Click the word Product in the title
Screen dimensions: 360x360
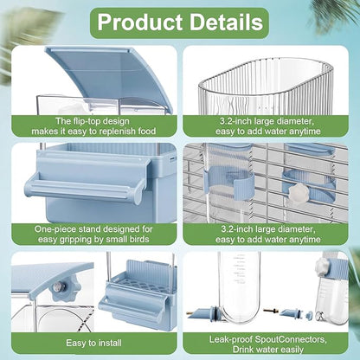tap(140, 22)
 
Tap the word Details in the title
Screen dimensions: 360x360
tap(226, 22)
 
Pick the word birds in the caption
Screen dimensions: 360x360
tap(138, 239)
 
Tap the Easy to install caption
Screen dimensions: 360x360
tap(93, 343)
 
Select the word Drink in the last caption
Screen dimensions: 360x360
tap(243, 350)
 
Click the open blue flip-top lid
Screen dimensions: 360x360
tap(110, 75)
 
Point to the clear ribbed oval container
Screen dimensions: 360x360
tap(266, 87)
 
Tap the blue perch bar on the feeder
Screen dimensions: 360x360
tap(85, 186)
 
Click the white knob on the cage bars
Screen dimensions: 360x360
tap(293, 190)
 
